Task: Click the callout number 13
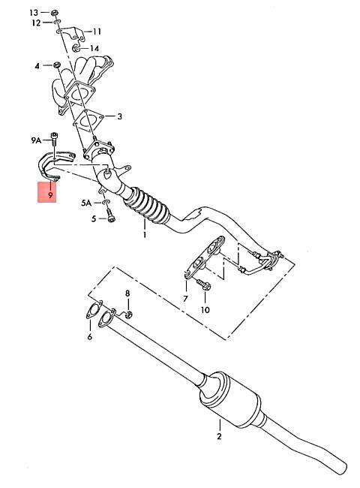click(34, 13)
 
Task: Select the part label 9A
click(36, 140)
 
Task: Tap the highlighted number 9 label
click(50, 195)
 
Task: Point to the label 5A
click(86, 203)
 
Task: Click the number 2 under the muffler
click(219, 436)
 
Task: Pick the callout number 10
click(205, 309)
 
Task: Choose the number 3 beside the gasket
click(119, 116)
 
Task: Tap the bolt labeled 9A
click(55, 140)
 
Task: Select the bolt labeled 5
click(111, 215)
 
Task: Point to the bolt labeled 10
click(203, 285)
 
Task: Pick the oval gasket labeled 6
click(94, 309)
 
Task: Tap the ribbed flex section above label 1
click(147, 205)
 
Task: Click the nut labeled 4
click(56, 65)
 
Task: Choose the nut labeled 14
click(76, 48)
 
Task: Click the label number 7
click(185, 299)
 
